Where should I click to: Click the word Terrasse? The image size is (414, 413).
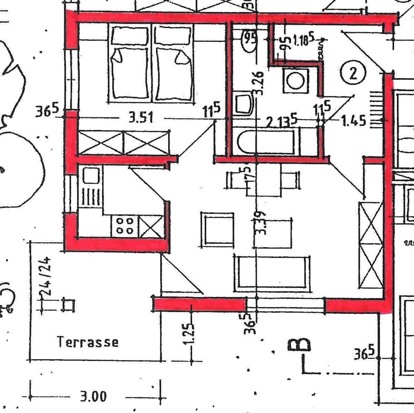[x=88, y=342]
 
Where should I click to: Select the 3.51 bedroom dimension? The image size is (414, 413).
[x=141, y=118]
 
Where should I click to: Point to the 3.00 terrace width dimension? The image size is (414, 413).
[x=93, y=396]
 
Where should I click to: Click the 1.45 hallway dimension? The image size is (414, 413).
[x=353, y=121]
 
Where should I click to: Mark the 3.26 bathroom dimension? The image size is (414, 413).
[x=259, y=83]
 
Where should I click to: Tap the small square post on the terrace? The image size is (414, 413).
[x=68, y=305]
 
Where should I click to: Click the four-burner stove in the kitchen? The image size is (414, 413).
[x=124, y=226]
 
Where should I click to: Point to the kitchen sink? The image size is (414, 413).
[x=91, y=175]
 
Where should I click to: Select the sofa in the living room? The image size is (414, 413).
[x=272, y=270]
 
